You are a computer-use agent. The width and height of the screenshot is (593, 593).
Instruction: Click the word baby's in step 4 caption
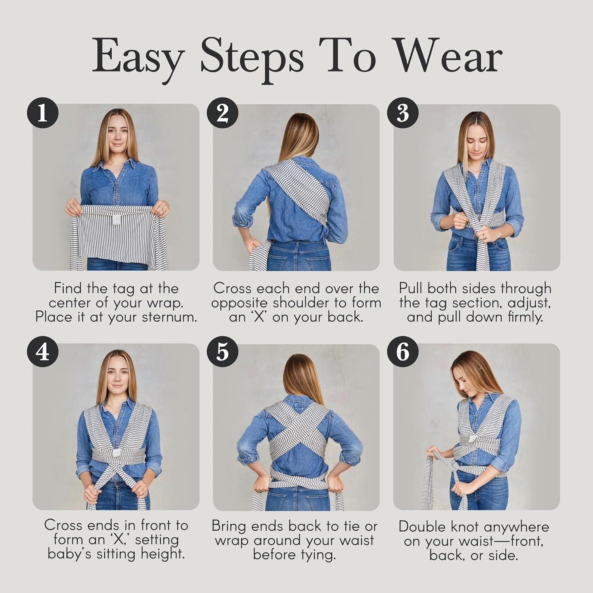click(x=71, y=553)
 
